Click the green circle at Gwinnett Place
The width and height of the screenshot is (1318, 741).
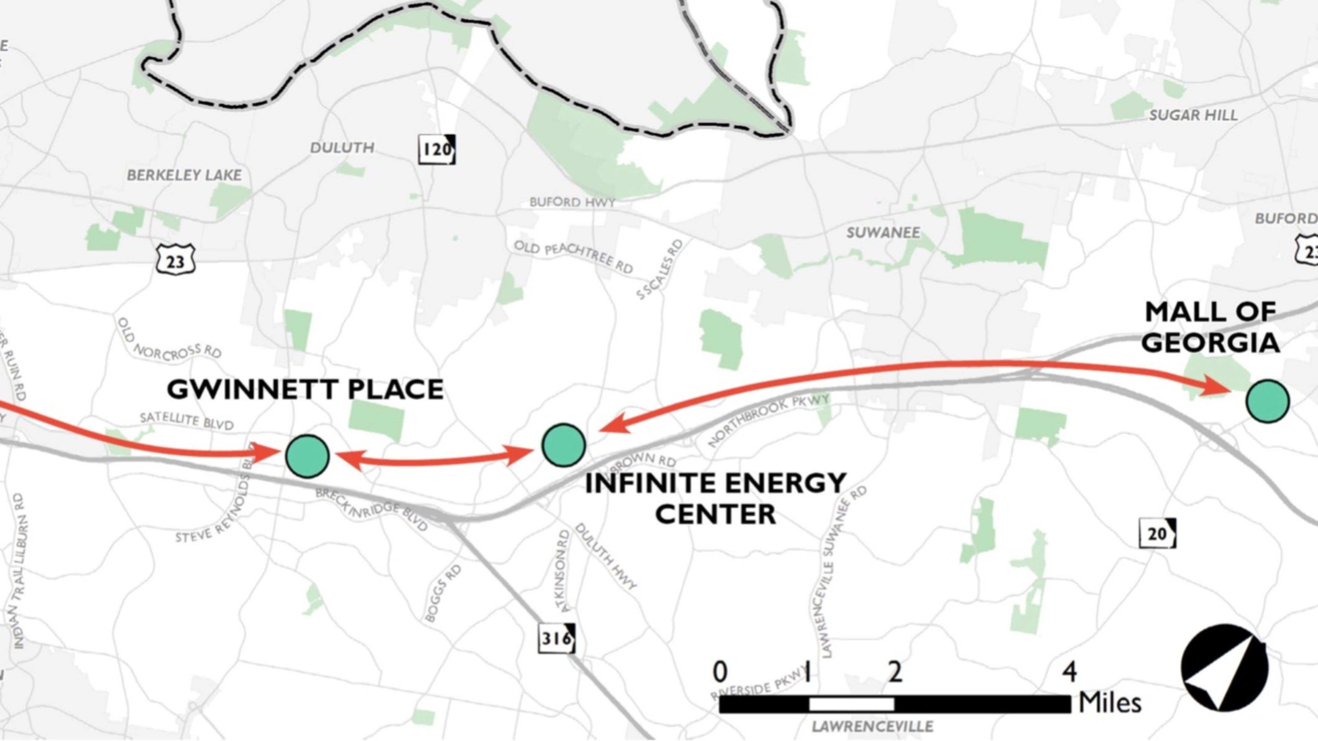[x=307, y=456]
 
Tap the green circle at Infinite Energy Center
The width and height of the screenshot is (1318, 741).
[x=563, y=445]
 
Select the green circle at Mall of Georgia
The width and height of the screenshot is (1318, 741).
[x=1267, y=401]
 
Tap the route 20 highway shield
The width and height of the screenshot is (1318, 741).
[x=1157, y=534]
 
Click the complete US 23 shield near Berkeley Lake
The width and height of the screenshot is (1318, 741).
[x=175, y=260]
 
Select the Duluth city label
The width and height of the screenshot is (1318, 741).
[x=342, y=148]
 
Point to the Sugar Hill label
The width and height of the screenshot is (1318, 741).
[x=1193, y=115]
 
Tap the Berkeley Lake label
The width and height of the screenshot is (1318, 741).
[x=184, y=175]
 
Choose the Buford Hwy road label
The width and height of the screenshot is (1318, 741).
[x=572, y=202]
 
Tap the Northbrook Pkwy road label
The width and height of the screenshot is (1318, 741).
[x=768, y=420]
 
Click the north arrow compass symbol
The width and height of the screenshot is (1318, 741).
[x=1224, y=667]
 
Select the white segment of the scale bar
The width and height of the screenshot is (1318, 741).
[x=851, y=704]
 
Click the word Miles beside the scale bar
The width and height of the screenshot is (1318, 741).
[x=1110, y=703]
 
